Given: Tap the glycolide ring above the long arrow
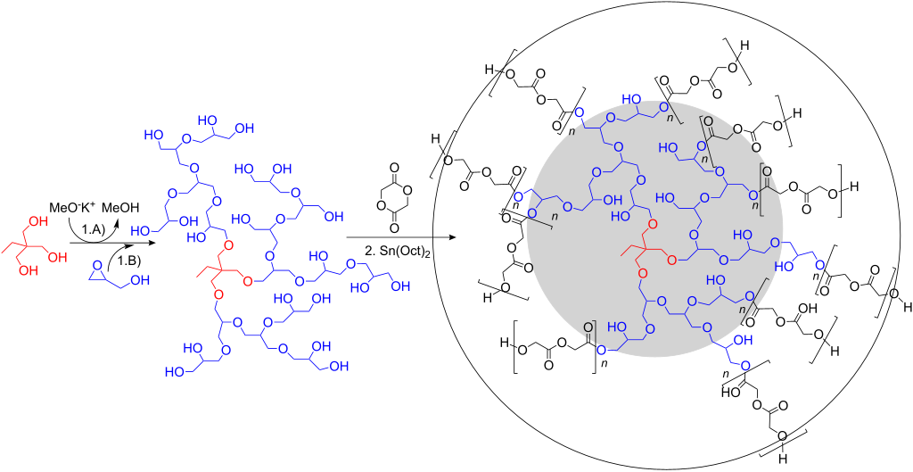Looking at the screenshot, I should pos(389,192).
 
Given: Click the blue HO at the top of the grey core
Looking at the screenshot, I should pos(630,98).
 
